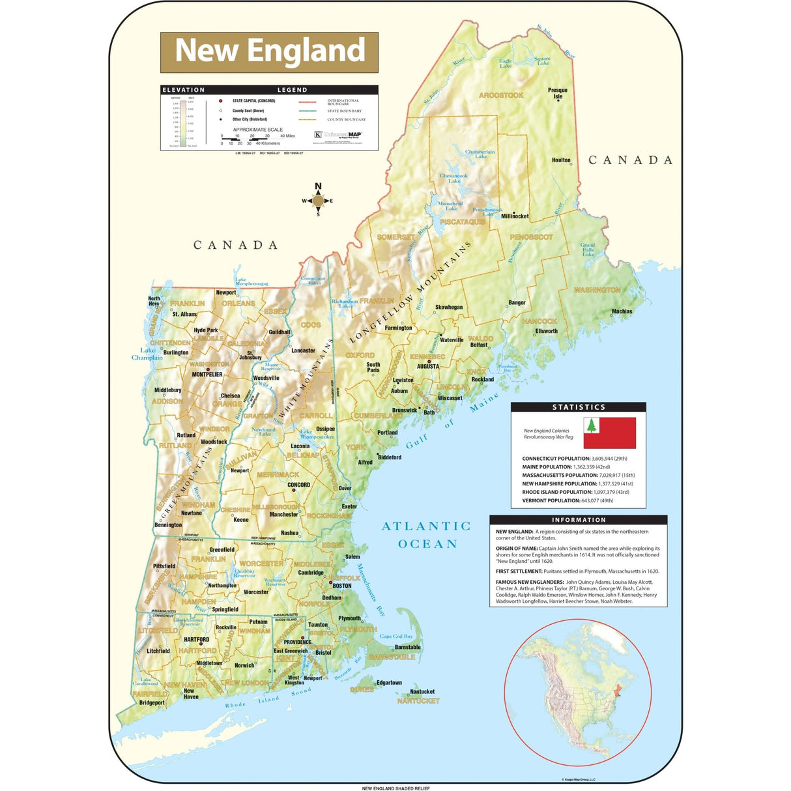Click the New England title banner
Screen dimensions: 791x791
pyautogui.click(x=269, y=52)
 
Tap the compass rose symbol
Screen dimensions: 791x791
pyautogui.click(x=318, y=201)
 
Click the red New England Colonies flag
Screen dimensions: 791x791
pyautogui.click(x=609, y=433)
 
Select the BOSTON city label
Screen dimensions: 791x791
pyautogui.click(x=341, y=586)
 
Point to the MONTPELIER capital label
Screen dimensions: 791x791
pyautogui.click(x=207, y=375)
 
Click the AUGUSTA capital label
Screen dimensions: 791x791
pyautogui.click(x=428, y=366)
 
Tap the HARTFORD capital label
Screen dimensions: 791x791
pyautogui.click(x=196, y=640)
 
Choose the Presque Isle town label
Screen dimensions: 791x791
pyautogui.click(x=558, y=93)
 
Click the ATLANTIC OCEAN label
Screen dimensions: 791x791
pyautogui.click(x=426, y=535)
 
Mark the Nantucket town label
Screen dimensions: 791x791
pyautogui.click(x=422, y=692)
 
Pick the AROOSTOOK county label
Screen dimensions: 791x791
pyautogui.click(x=501, y=95)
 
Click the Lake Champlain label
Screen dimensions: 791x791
pyautogui.click(x=147, y=354)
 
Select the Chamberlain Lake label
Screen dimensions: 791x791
pyautogui.click(x=480, y=154)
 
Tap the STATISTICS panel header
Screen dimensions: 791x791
pyautogui.click(x=579, y=407)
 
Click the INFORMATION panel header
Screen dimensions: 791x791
pyautogui.click(x=579, y=520)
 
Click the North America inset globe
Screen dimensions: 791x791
pyautogui.click(x=578, y=693)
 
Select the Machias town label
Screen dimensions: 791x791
pyautogui.click(x=622, y=311)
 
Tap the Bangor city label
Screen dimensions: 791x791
pyautogui.click(x=517, y=302)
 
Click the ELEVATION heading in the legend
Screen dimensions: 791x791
pyautogui.click(x=183, y=90)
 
